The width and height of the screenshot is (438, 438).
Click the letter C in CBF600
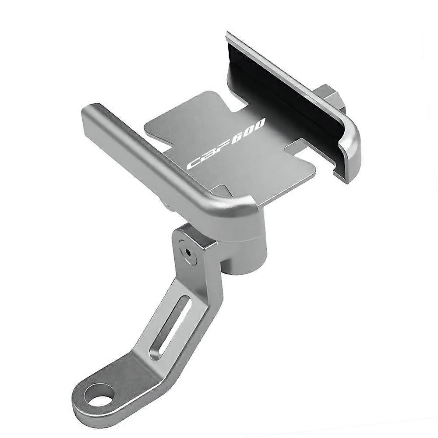click(193, 164)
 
